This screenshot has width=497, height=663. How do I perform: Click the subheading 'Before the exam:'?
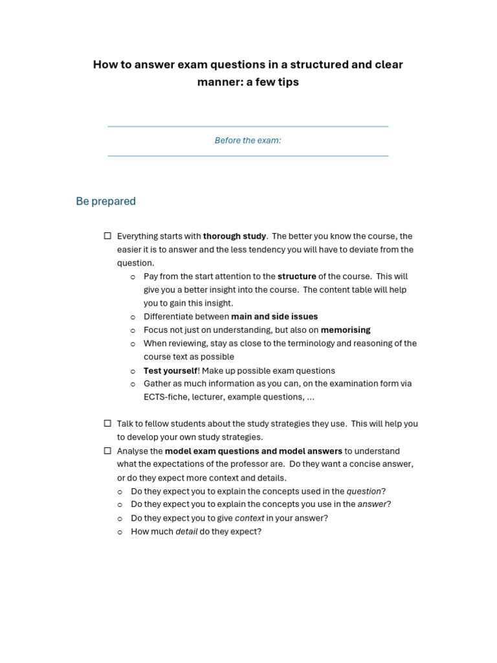248,140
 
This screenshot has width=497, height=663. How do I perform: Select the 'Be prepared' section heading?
105,201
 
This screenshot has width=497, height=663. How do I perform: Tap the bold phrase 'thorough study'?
234,236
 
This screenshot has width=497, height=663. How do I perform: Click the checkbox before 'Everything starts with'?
107,236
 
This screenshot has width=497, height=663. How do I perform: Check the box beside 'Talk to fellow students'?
107,423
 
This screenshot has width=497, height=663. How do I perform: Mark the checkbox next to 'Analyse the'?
107,451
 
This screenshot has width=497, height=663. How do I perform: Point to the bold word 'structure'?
296,276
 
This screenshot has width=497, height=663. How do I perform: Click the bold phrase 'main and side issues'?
274,317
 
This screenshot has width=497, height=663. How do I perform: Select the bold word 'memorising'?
346,330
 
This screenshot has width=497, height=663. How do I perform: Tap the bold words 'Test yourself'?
170,371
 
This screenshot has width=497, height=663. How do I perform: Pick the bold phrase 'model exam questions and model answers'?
253,451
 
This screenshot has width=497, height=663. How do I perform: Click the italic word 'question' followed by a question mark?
364,491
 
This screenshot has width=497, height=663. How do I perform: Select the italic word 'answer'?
372,504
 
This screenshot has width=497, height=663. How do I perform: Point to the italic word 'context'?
249,518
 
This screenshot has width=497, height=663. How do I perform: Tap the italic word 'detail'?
186,532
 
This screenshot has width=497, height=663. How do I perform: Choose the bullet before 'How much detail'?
120,532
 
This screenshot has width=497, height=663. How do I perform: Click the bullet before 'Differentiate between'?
133,317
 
